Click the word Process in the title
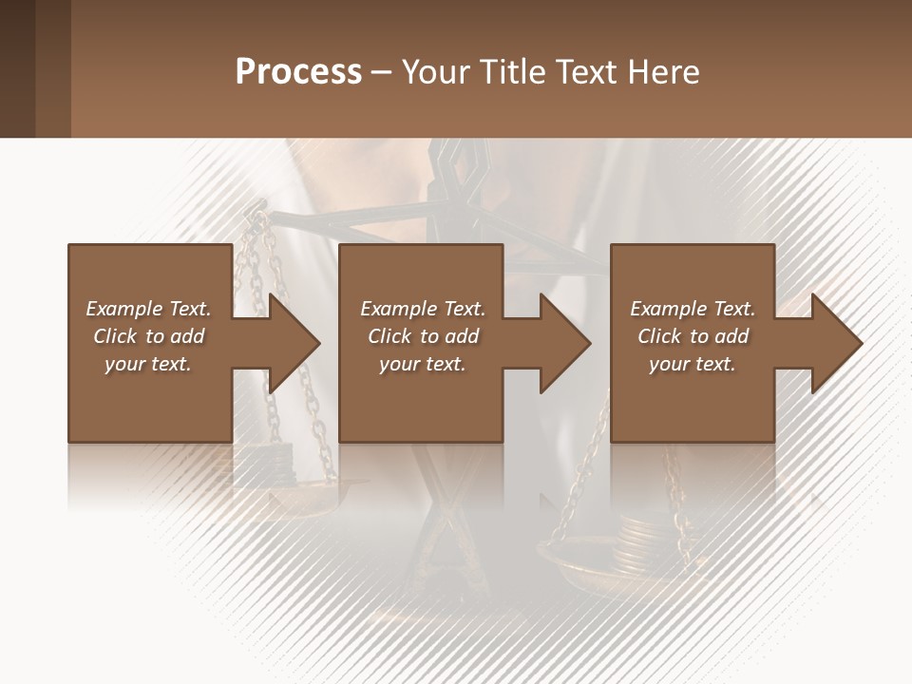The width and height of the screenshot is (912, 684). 298,72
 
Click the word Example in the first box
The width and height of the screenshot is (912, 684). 123,309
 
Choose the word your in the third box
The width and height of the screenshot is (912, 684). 669,364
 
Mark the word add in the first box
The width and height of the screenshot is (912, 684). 187,336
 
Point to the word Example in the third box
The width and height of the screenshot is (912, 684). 668,309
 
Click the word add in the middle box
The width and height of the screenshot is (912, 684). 462,336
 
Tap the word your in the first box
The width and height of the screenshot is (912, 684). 123,364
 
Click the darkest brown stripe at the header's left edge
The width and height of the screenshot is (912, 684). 17,68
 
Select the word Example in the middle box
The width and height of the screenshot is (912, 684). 398,309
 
